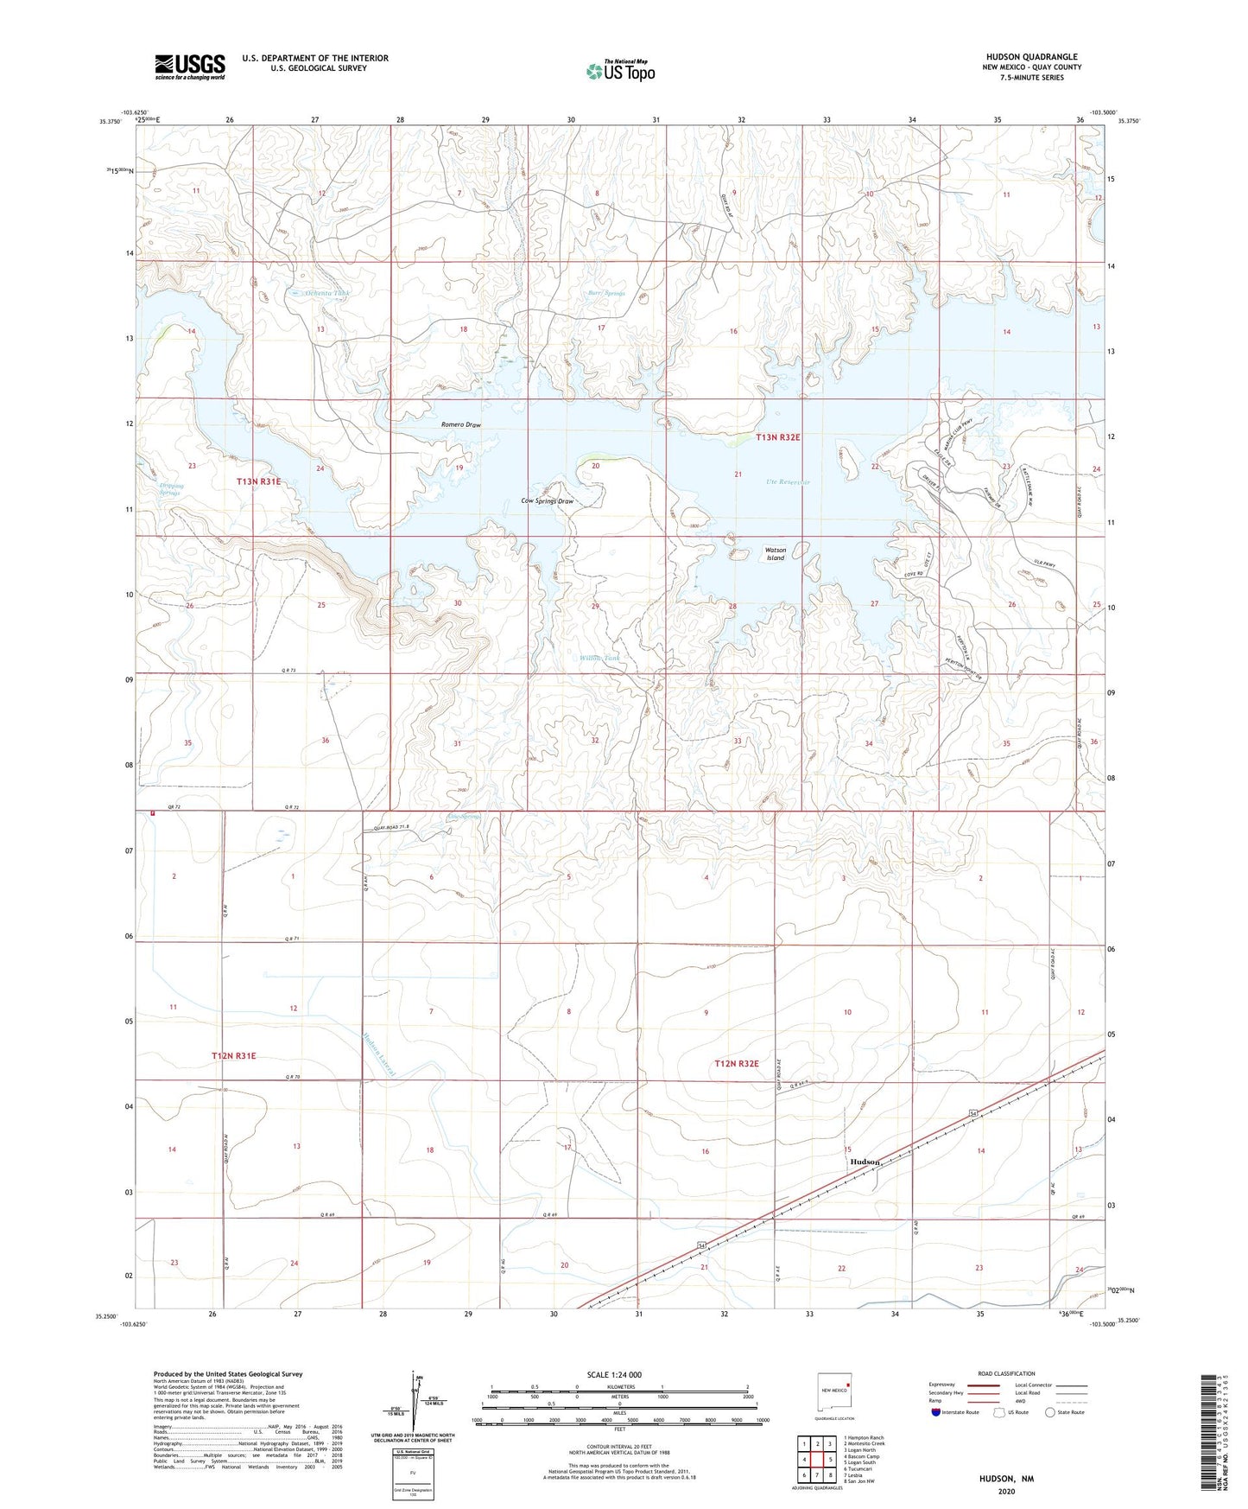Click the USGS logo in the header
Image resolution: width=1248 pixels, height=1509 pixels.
[x=190, y=67]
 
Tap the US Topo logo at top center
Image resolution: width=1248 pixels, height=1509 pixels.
[x=620, y=71]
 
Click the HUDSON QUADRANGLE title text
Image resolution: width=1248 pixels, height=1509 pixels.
[x=1031, y=57]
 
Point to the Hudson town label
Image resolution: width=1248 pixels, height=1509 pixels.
[x=864, y=1162]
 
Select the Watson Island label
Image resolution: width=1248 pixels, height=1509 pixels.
[x=776, y=554]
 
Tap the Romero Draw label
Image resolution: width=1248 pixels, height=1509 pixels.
[x=460, y=425]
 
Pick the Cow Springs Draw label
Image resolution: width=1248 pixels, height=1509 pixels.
[x=547, y=501]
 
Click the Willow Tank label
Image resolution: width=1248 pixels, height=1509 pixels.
[x=599, y=659]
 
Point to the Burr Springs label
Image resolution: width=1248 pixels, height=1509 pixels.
[x=605, y=293]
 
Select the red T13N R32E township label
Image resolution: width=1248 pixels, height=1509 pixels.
[x=777, y=437]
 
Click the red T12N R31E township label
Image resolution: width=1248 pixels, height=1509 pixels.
[x=234, y=1056]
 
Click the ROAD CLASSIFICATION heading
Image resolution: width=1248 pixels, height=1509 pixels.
[x=1006, y=1373]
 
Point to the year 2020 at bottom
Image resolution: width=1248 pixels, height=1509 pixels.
[x=1005, y=1491]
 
